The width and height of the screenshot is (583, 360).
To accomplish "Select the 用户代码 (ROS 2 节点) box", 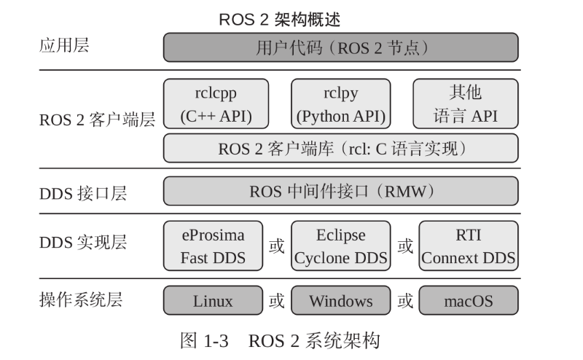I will pyautogui.click(x=340, y=48).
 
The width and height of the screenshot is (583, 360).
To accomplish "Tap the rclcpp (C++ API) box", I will pyautogui.click(x=215, y=104).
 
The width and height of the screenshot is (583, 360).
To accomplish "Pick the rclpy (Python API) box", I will pyautogui.click(x=340, y=104).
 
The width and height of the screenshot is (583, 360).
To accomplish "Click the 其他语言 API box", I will pyautogui.click(x=466, y=104).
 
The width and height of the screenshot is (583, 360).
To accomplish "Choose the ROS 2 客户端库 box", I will pyautogui.click(x=340, y=149).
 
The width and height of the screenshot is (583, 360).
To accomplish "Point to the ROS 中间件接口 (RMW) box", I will pyautogui.click(x=340, y=192).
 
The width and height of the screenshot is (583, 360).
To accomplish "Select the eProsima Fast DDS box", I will pyautogui.click(x=213, y=246).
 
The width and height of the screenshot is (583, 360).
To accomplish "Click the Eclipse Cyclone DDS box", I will pyautogui.click(x=340, y=246).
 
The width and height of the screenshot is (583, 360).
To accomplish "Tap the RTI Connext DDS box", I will pyautogui.click(x=468, y=246).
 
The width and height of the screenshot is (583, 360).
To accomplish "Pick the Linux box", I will pyautogui.click(x=213, y=300).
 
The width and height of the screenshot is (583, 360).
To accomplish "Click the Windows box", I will pyautogui.click(x=340, y=300).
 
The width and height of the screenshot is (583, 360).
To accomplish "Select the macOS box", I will pyautogui.click(x=468, y=300).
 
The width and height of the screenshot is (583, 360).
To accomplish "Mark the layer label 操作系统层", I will pyautogui.click(x=80, y=299).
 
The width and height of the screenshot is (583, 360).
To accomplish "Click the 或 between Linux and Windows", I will pyautogui.click(x=277, y=300).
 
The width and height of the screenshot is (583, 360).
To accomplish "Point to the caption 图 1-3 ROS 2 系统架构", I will pyautogui.click(x=280, y=340).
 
